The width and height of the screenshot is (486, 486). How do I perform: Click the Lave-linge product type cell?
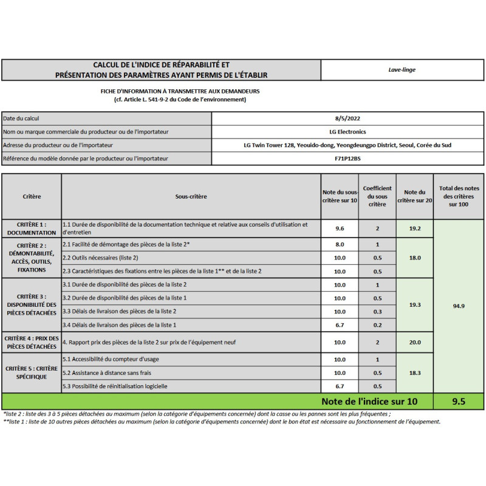[x=402, y=70]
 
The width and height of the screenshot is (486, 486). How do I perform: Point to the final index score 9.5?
[x=459, y=401]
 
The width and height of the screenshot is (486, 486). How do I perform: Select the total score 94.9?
[x=459, y=306]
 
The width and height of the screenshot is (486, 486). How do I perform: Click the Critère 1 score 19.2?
[x=415, y=228]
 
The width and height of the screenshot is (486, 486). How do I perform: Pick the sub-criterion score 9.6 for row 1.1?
[x=340, y=228]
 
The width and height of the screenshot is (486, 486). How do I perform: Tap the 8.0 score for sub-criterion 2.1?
[x=340, y=244]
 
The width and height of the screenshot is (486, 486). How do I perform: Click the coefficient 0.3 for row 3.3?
[x=377, y=311]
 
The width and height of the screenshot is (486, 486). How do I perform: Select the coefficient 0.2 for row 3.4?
[x=377, y=325]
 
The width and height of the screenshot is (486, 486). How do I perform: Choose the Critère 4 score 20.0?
[x=415, y=343]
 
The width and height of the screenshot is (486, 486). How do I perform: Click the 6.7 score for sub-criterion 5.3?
[x=340, y=386]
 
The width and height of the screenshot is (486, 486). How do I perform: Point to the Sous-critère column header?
[x=191, y=197]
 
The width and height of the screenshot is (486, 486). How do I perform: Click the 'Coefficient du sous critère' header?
[x=377, y=196]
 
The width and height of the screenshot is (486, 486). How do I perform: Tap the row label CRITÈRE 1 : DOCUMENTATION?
[x=32, y=228]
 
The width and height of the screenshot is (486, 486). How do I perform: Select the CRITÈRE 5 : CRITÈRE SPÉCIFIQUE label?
[x=32, y=372]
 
